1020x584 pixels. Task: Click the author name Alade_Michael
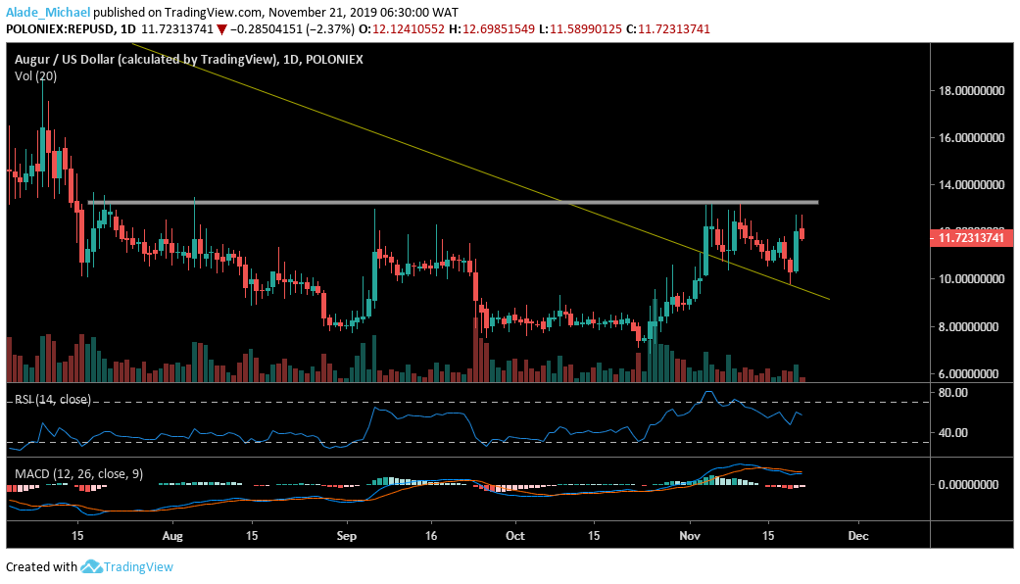point(46,12)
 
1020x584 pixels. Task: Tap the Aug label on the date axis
point(172,536)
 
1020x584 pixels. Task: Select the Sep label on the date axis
point(344,536)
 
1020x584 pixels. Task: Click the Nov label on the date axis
point(691,536)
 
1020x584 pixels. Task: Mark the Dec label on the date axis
point(858,536)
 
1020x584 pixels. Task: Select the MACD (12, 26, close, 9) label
point(78,473)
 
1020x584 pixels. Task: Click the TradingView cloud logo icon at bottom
point(91,566)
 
